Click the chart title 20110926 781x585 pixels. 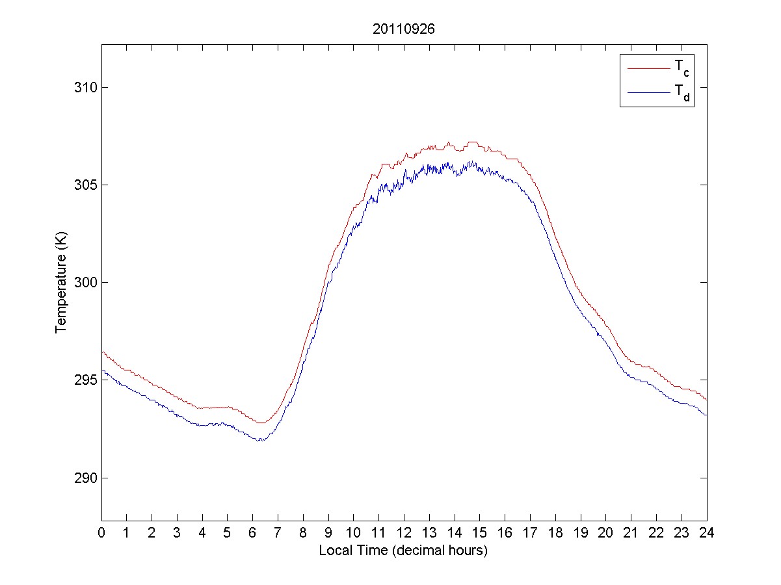coord(403,29)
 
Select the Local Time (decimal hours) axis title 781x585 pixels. coord(403,551)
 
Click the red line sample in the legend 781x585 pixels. coord(648,68)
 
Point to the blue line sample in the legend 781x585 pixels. coord(648,93)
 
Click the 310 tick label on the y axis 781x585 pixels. coord(83,87)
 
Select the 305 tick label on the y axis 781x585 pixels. coord(83,185)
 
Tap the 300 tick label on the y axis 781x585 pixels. coord(83,282)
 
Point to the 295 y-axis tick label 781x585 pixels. coord(83,380)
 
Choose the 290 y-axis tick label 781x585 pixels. coord(83,478)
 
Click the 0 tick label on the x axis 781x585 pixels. coord(101,532)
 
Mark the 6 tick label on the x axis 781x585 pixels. coord(253,532)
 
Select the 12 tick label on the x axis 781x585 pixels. coord(404,532)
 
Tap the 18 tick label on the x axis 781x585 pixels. coord(555,532)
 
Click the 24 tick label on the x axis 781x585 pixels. coord(706,532)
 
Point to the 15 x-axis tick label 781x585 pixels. coord(479,532)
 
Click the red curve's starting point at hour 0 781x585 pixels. coord(102,351)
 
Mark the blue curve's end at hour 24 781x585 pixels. coord(706,415)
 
